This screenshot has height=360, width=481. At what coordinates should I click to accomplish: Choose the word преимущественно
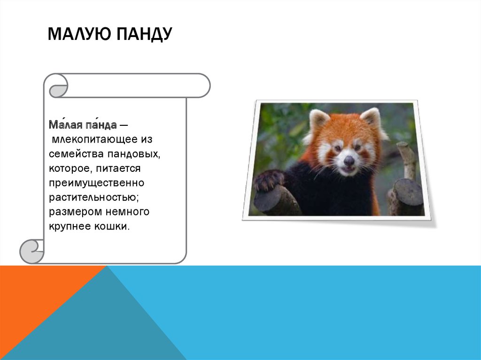point(96,182)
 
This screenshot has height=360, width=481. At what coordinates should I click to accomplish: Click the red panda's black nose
point(349,161)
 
